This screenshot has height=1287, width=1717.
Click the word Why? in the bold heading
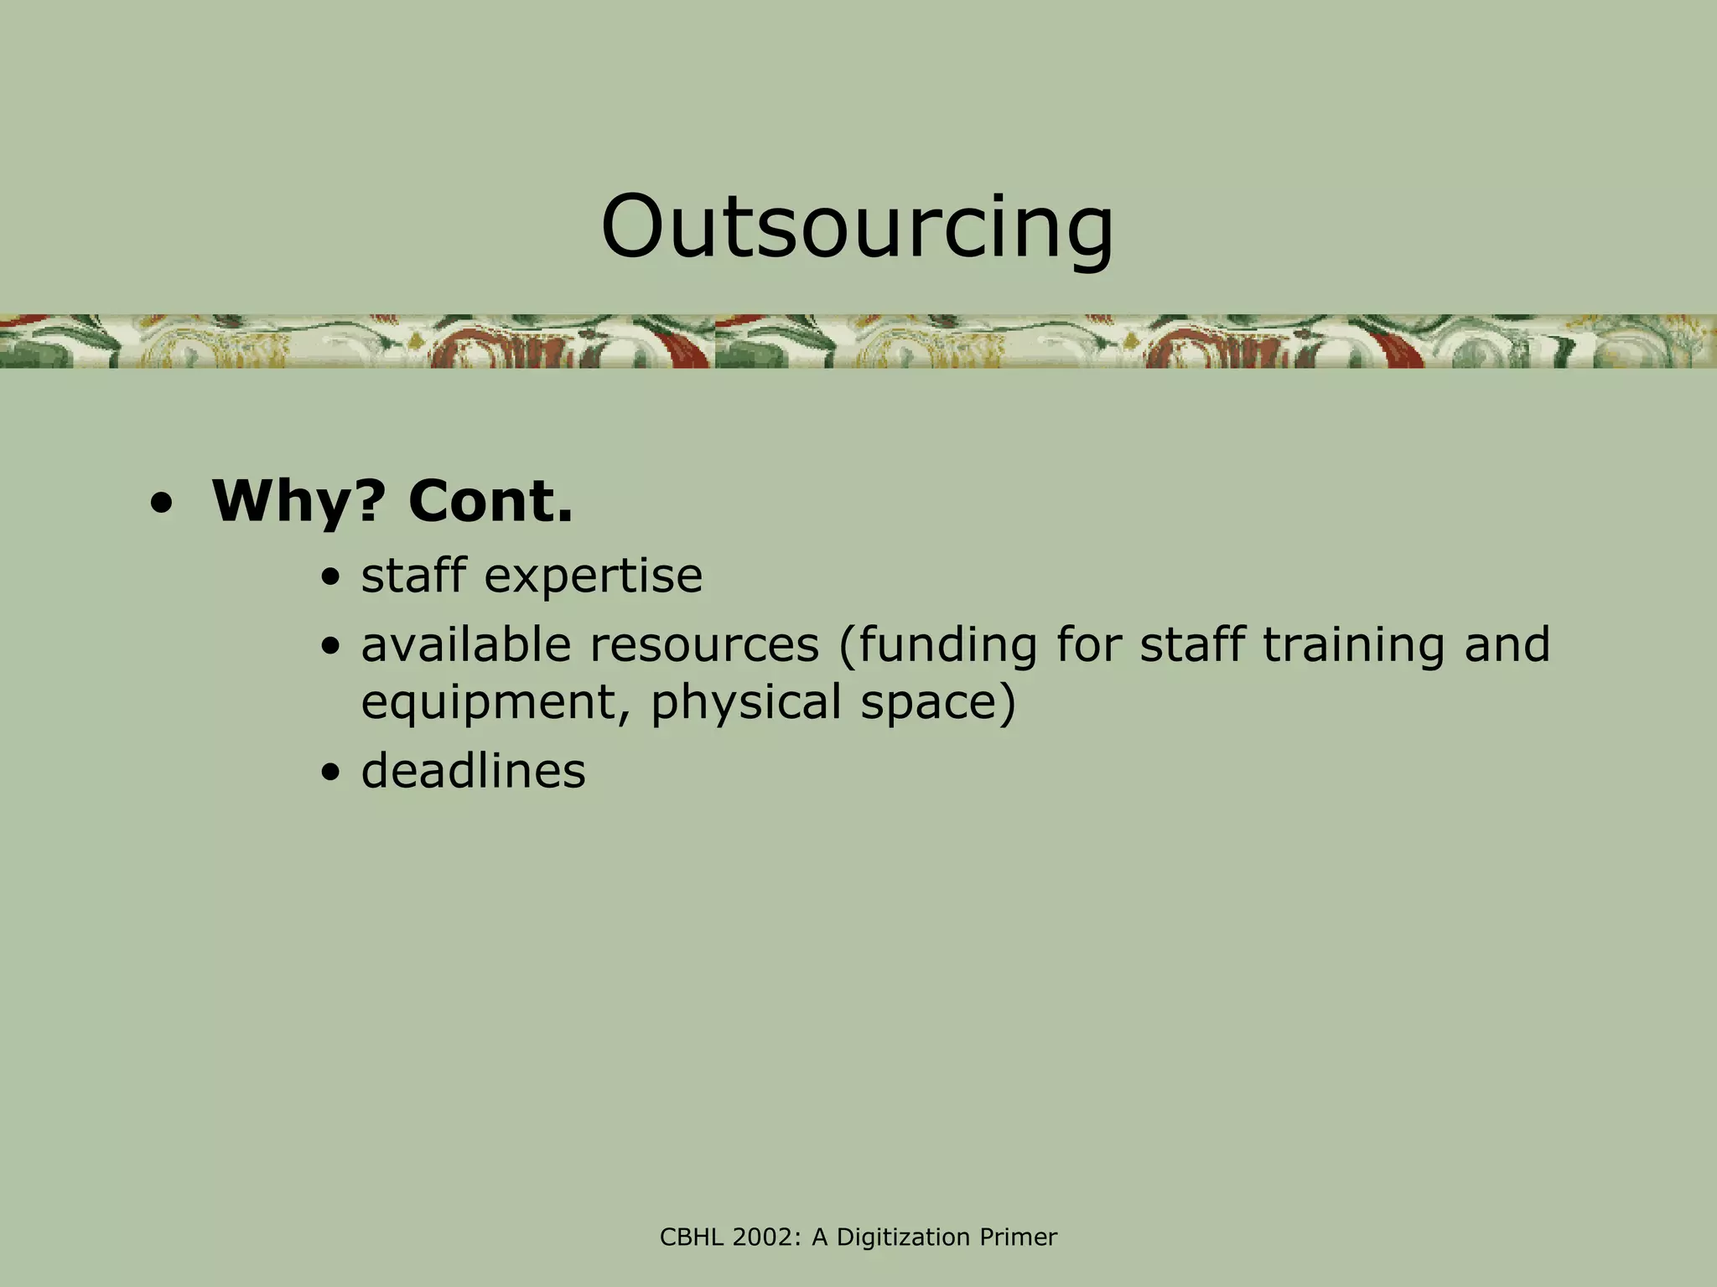click(298, 503)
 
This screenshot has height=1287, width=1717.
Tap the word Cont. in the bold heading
click(490, 503)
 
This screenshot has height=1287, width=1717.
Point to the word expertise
click(593, 576)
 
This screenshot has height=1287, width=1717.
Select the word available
click(466, 645)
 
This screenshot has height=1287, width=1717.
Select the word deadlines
click(473, 771)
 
